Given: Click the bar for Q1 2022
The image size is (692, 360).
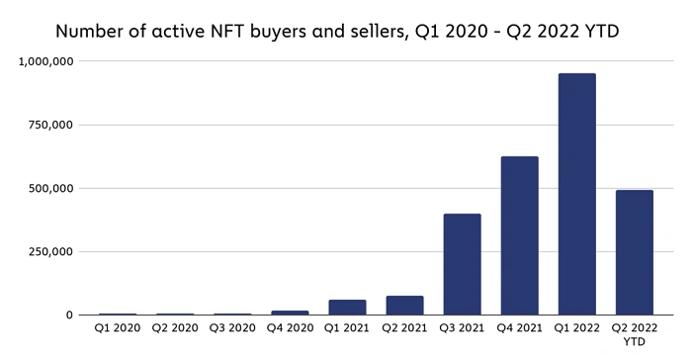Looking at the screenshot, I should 576,194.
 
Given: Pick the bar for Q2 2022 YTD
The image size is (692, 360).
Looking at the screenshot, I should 634,252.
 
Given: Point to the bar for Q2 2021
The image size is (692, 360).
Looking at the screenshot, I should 404,306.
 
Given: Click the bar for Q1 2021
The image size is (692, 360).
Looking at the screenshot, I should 347,308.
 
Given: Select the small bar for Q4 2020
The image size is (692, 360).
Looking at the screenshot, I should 290,313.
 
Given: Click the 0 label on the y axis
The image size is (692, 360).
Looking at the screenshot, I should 69,315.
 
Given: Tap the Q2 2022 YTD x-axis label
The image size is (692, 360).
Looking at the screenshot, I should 634,334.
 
